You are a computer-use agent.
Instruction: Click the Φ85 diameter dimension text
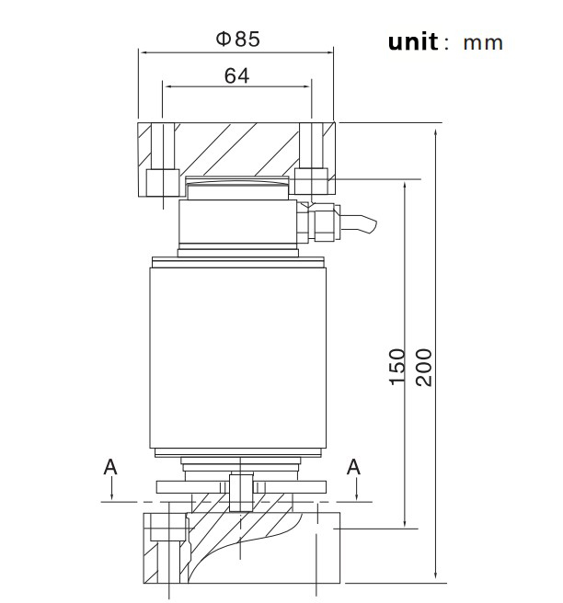[x=237, y=39]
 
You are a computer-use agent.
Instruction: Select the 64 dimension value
[x=236, y=75]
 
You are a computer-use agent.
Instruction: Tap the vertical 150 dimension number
[x=396, y=367]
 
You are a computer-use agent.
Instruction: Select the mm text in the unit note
[x=483, y=43]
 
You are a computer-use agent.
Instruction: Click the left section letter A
[x=110, y=467]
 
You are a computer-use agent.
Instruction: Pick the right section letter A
[x=353, y=467]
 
